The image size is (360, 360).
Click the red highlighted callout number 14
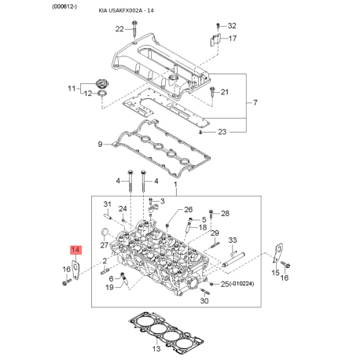75,250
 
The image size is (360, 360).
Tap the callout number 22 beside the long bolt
119,29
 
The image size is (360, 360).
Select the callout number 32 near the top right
232,26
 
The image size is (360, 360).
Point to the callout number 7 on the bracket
255,102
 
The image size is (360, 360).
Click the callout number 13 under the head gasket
156,349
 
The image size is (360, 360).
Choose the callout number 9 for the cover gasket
100,144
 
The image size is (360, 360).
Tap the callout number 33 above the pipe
233,241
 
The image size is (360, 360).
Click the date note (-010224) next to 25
241,284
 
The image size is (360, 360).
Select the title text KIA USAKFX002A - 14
126,11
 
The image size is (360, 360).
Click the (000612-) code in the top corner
64,7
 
